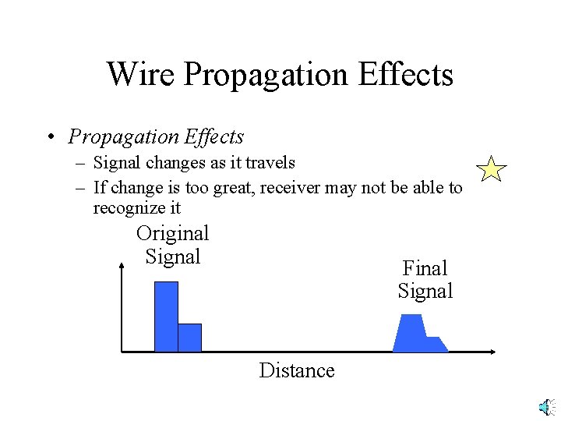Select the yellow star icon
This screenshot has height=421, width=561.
491,169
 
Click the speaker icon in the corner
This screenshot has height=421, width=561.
546,407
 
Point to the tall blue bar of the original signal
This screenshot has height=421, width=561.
166,316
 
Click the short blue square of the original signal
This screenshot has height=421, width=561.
189,338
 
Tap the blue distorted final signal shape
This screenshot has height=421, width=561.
417,334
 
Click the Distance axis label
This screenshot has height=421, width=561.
296,370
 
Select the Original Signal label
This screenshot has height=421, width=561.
172,245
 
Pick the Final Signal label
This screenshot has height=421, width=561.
425,280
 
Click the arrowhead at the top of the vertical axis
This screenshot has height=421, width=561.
122,267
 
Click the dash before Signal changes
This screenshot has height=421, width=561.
81,163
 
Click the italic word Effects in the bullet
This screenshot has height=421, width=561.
214,137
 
